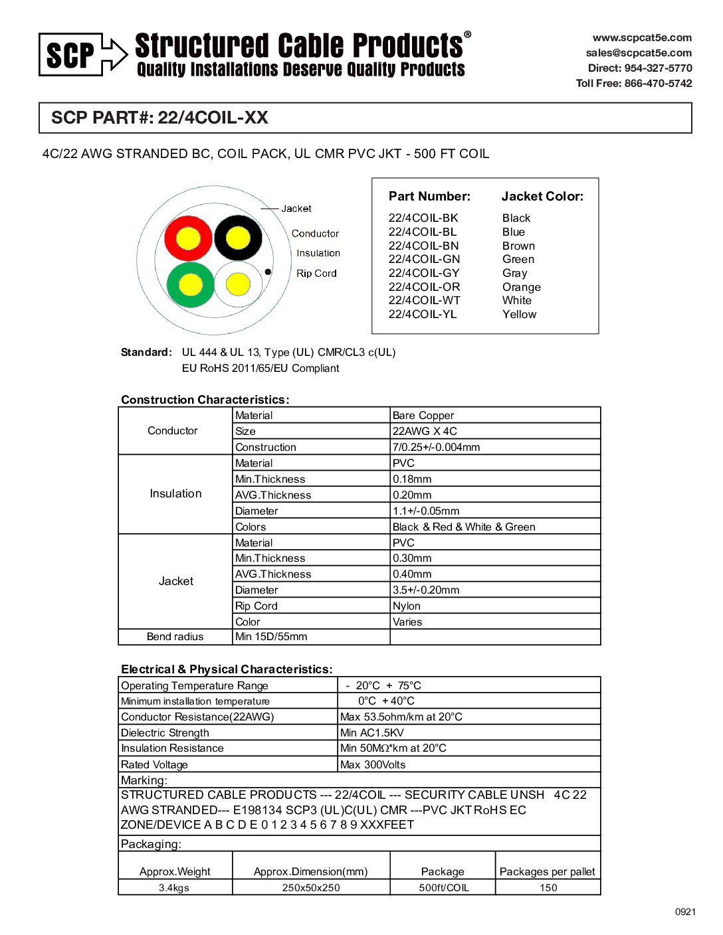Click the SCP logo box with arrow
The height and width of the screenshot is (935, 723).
tap(83, 54)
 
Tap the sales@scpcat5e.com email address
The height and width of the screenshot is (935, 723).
tap(638, 53)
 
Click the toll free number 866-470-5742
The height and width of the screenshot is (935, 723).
tap(633, 84)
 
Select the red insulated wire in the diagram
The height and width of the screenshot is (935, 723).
tap(188, 238)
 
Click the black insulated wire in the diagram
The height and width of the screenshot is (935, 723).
tap(238, 238)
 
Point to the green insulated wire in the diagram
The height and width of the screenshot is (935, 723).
tap(191, 285)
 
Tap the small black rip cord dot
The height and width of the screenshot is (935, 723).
tap(268, 272)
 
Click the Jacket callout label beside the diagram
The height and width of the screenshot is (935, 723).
tap(296, 209)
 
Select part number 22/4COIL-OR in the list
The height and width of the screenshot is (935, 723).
tap(424, 287)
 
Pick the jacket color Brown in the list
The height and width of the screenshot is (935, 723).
tap(518, 246)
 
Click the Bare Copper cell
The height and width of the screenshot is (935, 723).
tap(423, 416)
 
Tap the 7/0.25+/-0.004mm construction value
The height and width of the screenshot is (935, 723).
tap(436, 448)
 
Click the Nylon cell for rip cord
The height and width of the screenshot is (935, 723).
tap(407, 606)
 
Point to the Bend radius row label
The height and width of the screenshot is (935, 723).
tap(175, 637)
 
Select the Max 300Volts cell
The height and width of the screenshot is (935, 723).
tap(373, 765)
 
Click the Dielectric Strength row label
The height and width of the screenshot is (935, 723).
tap(165, 733)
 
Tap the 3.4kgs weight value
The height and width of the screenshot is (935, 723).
tap(174, 888)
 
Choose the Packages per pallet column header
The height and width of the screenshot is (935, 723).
tap(547, 872)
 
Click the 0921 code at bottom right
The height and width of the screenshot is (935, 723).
tap(685, 912)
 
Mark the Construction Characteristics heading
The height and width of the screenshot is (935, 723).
tap(205, 400)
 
